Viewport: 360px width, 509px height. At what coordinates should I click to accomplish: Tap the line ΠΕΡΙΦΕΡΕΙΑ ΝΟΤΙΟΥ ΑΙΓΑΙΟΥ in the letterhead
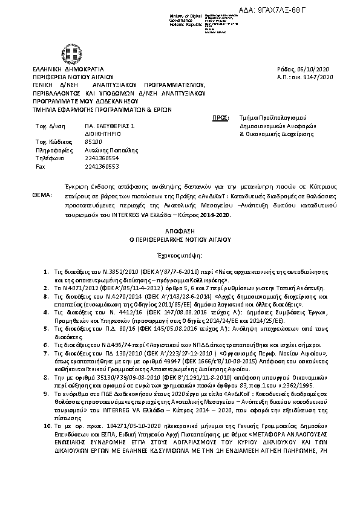pyautogui.click(x=73, y=77)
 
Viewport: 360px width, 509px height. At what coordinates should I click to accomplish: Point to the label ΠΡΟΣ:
pyautogui.click(x=221, y=116)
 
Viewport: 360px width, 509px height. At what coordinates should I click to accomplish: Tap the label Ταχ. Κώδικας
pyautogui.click(x=50, y=141)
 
